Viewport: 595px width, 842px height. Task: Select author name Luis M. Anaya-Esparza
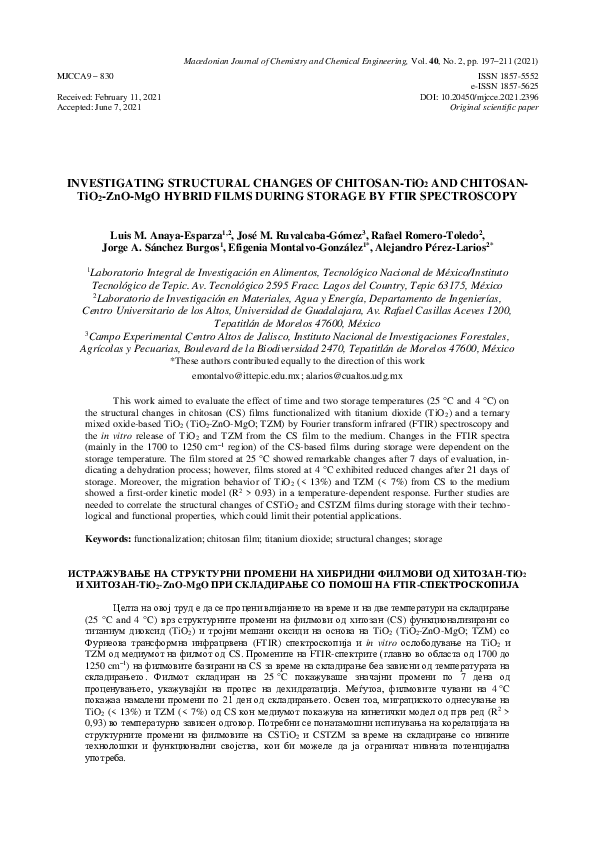pos(180,232)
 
